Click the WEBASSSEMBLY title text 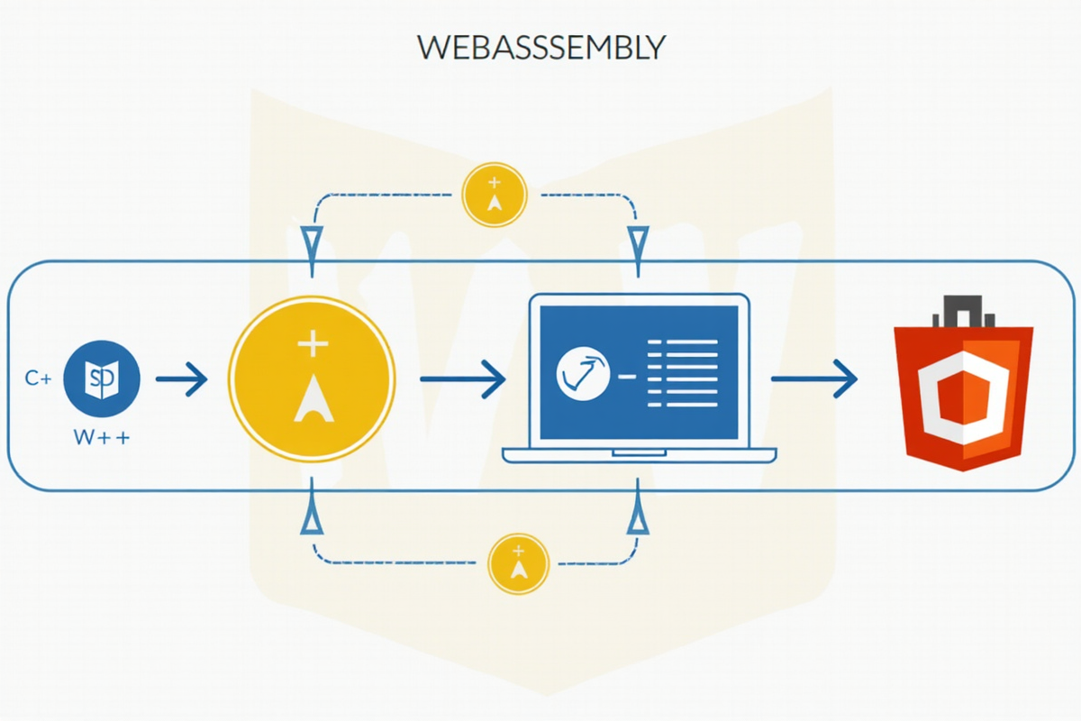[x=541, y=47]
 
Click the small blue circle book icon [x=102, y=379]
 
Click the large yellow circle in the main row [x=312, y=379]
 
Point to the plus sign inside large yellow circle [x=313, y=343]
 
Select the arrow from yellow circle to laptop [x=462, y=379]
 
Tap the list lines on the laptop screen [x=683, y=373]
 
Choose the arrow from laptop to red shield [x=813, y=379]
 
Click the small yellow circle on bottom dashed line [x=518, y=563]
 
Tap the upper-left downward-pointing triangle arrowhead [x=313, y=242]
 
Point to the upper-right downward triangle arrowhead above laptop [x=638, y=242]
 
